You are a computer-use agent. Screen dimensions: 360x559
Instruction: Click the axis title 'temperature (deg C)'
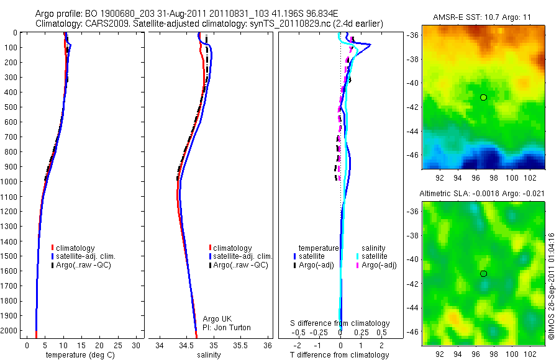78,355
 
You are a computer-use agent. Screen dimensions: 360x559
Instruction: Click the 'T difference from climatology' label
340,355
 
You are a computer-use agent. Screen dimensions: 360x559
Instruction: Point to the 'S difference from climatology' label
340,323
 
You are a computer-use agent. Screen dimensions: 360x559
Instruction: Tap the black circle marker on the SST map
483,97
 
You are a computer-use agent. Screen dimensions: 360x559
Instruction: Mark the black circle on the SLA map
483,274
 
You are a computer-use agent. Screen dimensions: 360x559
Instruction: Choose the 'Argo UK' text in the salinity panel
217,319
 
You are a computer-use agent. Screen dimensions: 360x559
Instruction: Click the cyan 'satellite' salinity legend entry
375,256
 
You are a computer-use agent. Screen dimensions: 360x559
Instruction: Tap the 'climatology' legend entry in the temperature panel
76,248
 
